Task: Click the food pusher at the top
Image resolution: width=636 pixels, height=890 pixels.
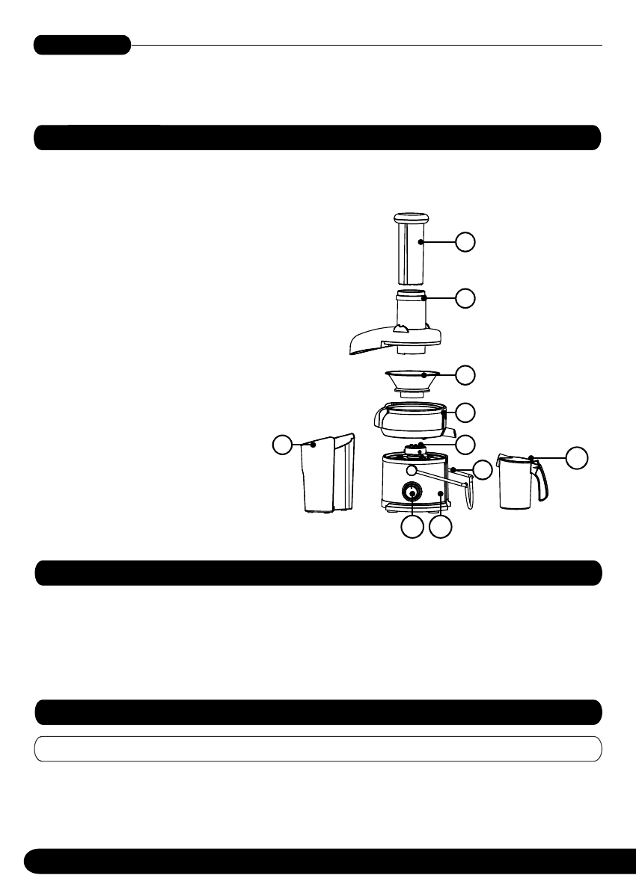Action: point(412,248)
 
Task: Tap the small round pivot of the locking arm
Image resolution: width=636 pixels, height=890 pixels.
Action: point(412,471)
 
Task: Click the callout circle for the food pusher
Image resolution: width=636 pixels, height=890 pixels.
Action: point(466,241)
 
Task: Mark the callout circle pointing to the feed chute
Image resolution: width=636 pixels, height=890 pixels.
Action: point(466,297)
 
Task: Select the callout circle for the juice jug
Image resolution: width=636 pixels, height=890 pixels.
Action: point(576,457)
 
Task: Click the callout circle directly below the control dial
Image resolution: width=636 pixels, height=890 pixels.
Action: point(411,528)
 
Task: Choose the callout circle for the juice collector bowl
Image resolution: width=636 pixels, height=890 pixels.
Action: point(466,411)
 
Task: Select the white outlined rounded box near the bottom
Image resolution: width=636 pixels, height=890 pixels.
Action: point(318,748)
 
